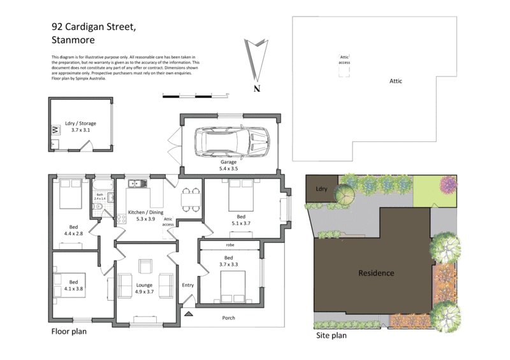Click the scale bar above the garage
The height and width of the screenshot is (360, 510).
tap(195, 94)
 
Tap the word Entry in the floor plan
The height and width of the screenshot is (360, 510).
tap(188, 285)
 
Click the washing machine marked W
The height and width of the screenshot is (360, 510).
tap(54, 130)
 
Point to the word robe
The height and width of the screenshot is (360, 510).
tap(229, 245)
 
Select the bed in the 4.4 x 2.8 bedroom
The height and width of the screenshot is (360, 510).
tap(68, 196)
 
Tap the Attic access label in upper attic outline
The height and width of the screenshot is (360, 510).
tap(344, 60)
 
